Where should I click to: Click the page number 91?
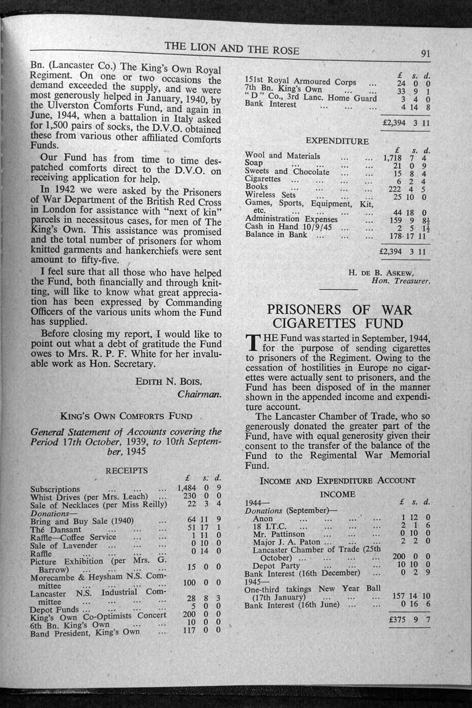click(425, 54)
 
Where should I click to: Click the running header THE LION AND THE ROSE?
click(232, 48)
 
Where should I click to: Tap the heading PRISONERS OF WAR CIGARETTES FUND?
click(338, 317)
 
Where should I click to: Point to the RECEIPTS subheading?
click(126, 471)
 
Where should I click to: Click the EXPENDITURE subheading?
click(337, 141)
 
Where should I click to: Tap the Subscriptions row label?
click(55, 489)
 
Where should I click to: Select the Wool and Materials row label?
click(282, 156)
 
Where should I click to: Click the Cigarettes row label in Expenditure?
click(262, 179)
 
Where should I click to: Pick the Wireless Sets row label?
click(270, 194)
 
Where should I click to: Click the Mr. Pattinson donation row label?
click(278, 534)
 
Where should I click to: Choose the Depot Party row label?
click(276, 566)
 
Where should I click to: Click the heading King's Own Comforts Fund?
click(126, 416)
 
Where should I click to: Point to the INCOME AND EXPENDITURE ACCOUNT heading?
click(337, 481)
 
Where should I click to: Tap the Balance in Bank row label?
click(276, 235)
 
